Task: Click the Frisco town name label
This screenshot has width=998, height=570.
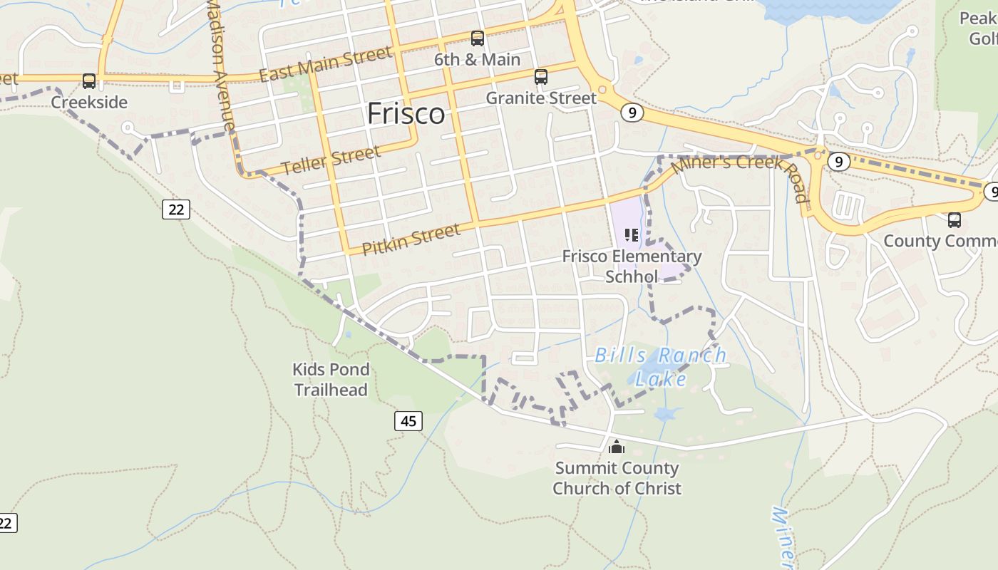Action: click(x=406, y=114)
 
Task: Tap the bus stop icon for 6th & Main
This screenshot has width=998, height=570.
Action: click(x=478, y=38)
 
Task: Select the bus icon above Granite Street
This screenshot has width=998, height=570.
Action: click(x=541, y=77)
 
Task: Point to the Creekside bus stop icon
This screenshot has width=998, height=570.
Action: click(x=89, y=81)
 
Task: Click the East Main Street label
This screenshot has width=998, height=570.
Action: click(x=325, y=64)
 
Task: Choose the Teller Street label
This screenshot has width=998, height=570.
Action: click(x=331, y=160)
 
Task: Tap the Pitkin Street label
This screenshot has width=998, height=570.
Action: click(x=411, y=239)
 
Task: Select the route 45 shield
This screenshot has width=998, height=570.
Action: click(x=408, y=421)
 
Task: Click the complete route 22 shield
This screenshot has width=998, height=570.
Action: click(x=176, y=209)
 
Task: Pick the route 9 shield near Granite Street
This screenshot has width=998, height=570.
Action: click(x=632, y=113)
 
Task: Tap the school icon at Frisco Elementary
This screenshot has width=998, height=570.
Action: click(x=631, y=234)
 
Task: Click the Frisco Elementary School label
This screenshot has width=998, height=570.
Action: click(x=632, y=266)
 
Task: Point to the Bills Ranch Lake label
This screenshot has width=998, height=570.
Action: click(x=660, y=366)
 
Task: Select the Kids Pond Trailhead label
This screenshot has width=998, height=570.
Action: click(x=331, y=380)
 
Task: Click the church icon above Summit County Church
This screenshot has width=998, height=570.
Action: click(x=617, y=447)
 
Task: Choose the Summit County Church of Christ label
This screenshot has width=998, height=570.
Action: click(x=617, y=478)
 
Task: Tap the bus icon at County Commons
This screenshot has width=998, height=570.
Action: click(x=955, y=220)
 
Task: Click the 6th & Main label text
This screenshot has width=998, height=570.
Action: click(x=477, y=60)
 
